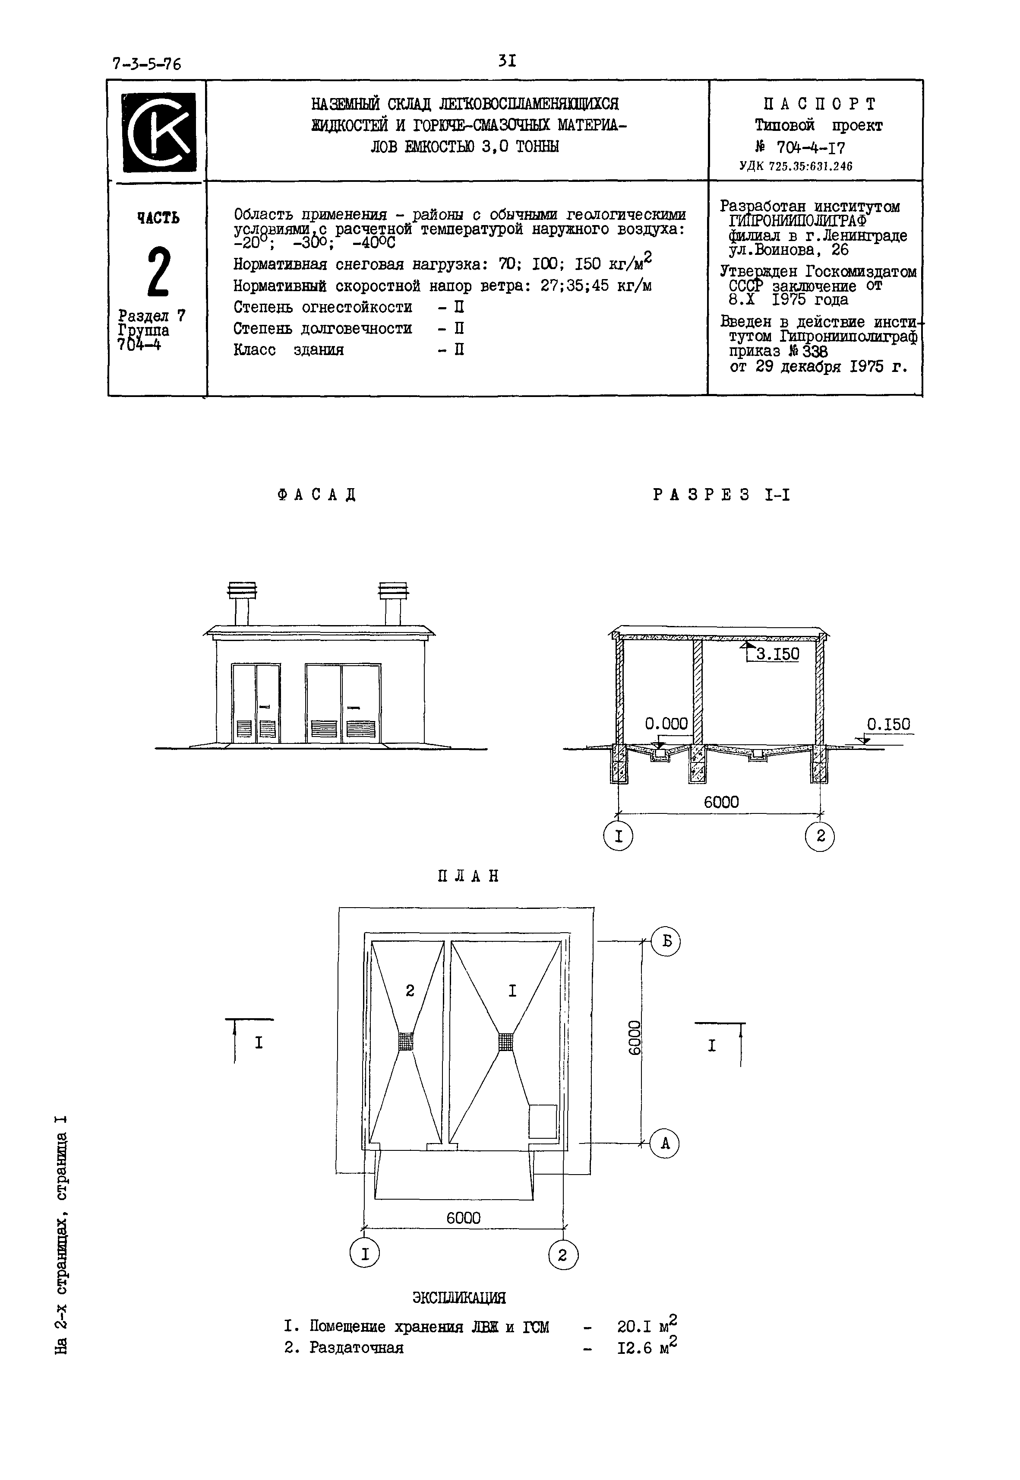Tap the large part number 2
158,273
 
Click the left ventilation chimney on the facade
242,603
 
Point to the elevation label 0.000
666,724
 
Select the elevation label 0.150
888,724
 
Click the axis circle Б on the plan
666,942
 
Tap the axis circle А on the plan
665,1143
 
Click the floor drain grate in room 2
406,1042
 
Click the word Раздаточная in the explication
356,1348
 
